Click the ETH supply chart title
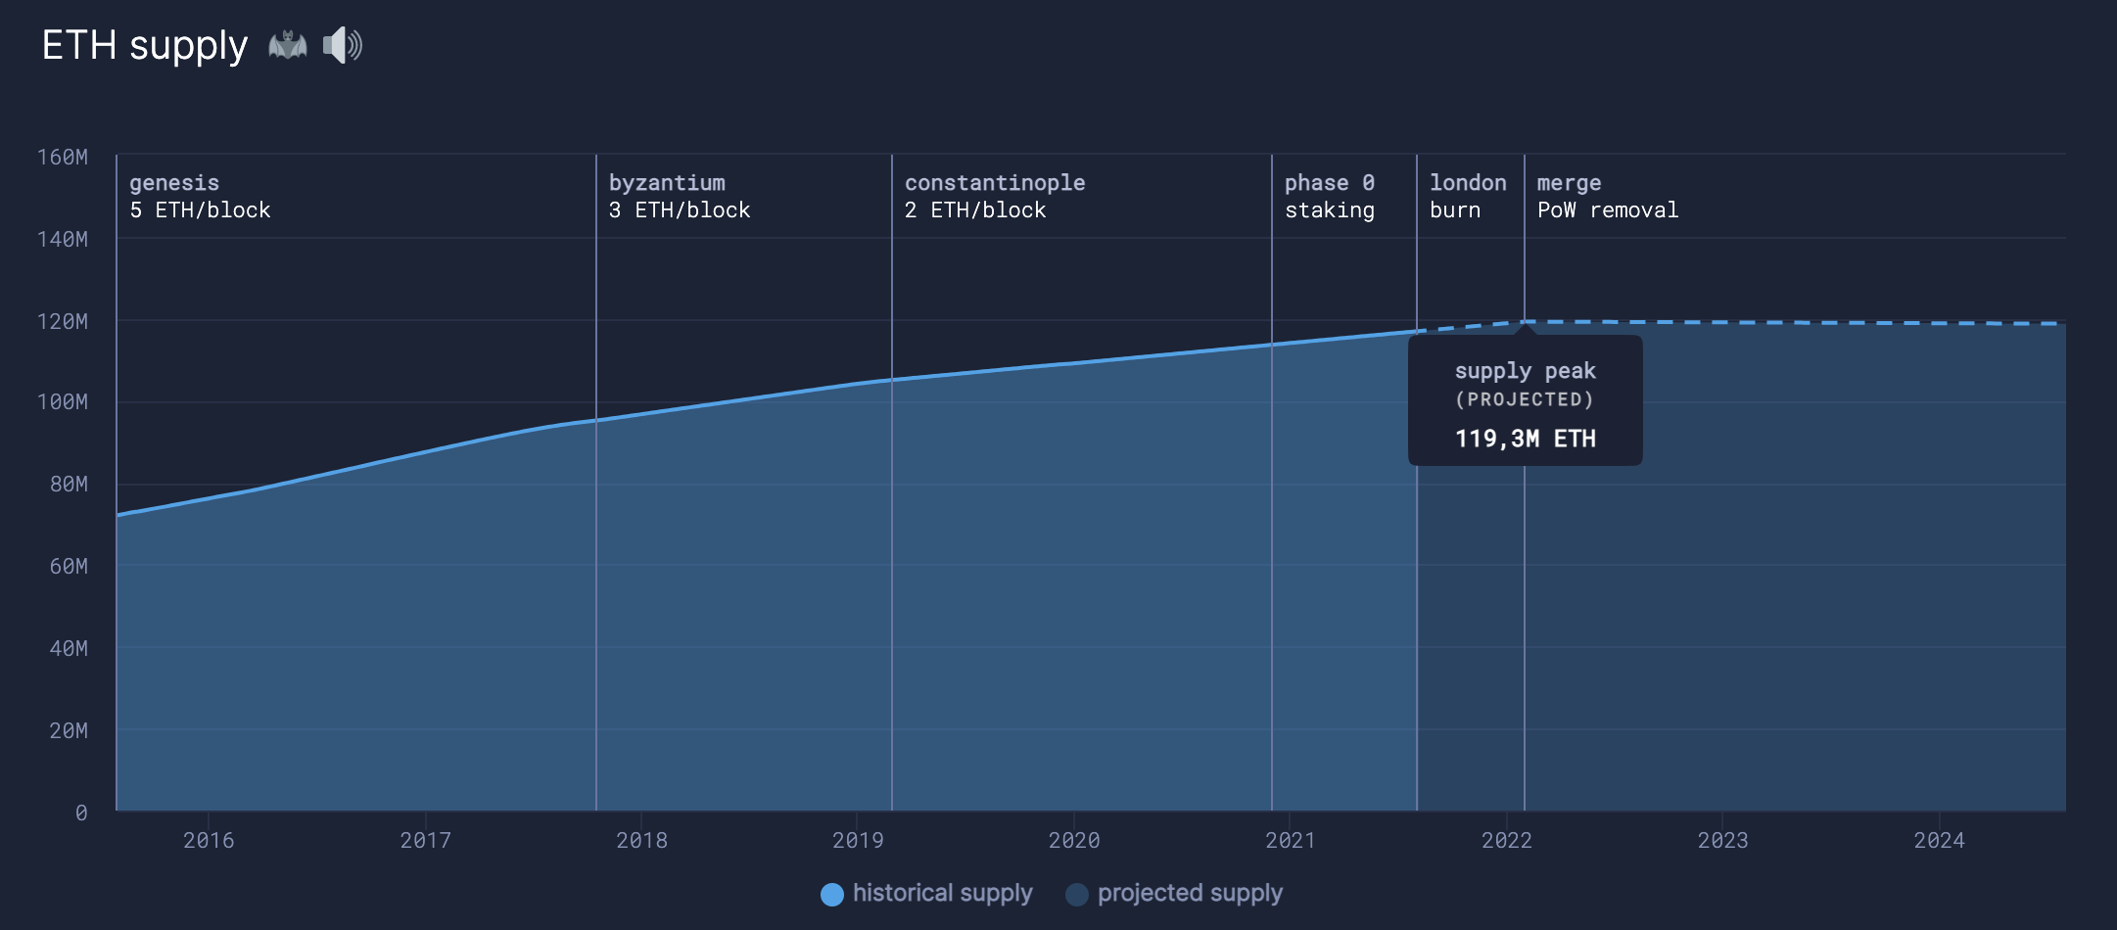point(145,46)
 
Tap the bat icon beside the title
point(287,46)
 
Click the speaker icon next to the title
point(342,46)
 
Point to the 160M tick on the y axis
point(62,157)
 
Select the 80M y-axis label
point(68,484)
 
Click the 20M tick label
point(68,730)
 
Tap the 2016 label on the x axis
point(209,840)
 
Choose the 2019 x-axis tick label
point(858,840)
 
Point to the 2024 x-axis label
point(1939,840)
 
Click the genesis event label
point(174,183)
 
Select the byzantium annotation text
point(667,183)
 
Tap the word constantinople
point(995,183)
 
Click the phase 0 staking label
point(1330,197)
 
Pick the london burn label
point(1468,197)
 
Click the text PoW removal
point(1608,210)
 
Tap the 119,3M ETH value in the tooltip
point(1526,439)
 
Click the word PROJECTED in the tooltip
point(1525,399)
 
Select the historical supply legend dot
point(832,895)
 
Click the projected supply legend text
point(1190,893)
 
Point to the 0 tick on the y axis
point(81,813)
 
